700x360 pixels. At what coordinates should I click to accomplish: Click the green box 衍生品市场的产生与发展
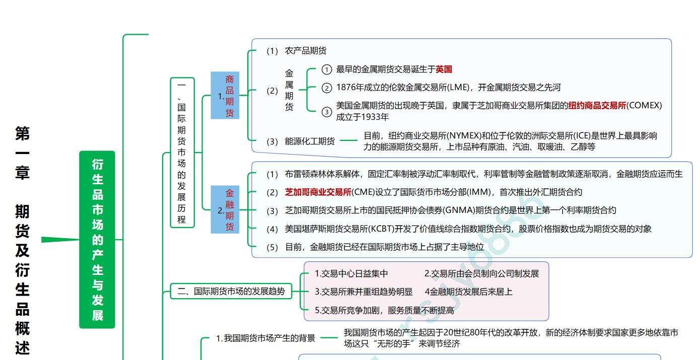click(97, 239)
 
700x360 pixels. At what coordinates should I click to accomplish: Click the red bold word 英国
click(444, 69)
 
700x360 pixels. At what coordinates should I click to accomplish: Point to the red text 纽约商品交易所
click(597, 106)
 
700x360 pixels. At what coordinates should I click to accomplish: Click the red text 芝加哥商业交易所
click(318, 192)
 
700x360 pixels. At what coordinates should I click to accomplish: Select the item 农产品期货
click(306, 51)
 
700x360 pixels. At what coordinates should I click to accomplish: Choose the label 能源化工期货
click(310, 141)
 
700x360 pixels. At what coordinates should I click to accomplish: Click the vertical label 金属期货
click(289, 90)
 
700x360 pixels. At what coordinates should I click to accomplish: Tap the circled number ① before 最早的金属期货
click(327, 69)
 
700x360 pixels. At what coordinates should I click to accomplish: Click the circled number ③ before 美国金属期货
click(327, 111)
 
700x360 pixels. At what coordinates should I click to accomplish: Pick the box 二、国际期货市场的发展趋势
click(231, 291)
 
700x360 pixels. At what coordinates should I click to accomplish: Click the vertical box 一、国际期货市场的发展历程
click(182, 153)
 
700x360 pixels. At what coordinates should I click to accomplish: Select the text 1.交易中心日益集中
click(351, 274)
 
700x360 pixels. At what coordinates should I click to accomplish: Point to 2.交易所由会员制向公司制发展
click(481, 274)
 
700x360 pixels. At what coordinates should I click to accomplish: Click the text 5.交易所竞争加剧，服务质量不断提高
click(384, 311)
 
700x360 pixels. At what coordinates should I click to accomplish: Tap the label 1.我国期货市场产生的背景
click(265, 338)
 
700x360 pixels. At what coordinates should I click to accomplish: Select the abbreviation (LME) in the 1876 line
click(457, 88)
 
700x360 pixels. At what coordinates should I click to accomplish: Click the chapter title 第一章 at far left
click(23, 153)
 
